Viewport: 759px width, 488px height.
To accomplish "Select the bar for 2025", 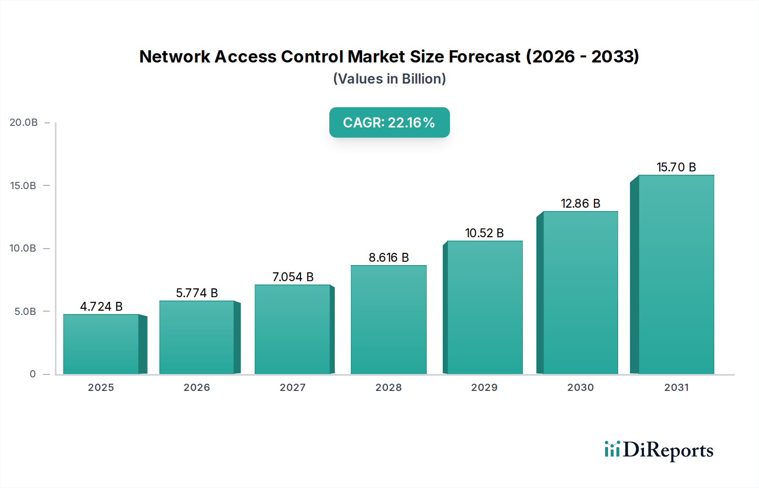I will coord(101,344).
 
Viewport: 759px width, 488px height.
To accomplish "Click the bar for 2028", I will coord(388,320).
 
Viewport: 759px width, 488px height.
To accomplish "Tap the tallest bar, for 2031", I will coord(676,274).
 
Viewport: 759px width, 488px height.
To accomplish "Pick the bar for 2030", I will coord(580,293).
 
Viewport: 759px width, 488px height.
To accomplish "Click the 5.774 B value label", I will coord(197,293).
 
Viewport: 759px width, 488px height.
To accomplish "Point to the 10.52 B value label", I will coord(484,233).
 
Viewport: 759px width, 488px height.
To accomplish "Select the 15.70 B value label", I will coord(676,167).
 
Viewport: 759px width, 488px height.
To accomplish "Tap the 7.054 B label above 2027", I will coord(293,277).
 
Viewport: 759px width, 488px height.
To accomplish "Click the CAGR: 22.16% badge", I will coord(389,122).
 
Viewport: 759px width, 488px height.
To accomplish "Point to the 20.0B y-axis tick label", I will coord(24,122).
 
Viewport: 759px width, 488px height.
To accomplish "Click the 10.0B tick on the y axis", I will coord(23,248).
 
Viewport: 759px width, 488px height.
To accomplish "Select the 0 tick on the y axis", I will coord(32,374).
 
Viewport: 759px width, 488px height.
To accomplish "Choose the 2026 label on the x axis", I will coord(196,388).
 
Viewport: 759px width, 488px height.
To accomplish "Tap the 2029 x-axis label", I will coord(484,388).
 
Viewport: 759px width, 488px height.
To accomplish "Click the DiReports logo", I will coord(659,450).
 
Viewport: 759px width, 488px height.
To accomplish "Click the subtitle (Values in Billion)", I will coord(389,79).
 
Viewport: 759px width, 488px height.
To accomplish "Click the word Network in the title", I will coord(175,57).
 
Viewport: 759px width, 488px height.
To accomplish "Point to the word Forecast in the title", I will coord(484,57).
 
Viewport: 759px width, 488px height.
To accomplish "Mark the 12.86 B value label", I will coord(580,203).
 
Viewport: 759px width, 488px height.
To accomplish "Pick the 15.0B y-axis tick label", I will coord(23,186).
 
